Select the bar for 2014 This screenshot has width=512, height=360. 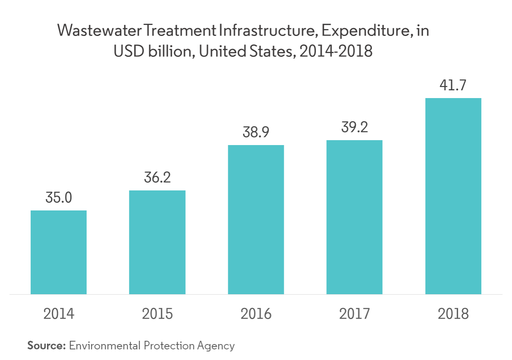point(59,252)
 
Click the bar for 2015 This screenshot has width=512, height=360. point(157,242)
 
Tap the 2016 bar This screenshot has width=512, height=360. point(256,219)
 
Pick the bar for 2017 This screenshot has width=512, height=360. point(354,217)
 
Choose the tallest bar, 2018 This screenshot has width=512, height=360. point(453,196)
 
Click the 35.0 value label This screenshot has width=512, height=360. point(59,198)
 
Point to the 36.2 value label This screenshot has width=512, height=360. point(157,178)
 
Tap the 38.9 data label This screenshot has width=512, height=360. point(256,133)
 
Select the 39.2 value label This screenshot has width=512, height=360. point(354,128)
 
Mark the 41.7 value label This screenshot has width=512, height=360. point(453,86)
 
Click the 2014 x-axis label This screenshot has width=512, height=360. point(59,314)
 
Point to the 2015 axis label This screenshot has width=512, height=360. point(157,314)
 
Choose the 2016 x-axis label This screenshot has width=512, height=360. point(256,314)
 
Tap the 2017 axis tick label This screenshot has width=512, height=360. point(354,314)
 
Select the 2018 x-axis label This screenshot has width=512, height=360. point(453,314)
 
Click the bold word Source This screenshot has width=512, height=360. point(47,345)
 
